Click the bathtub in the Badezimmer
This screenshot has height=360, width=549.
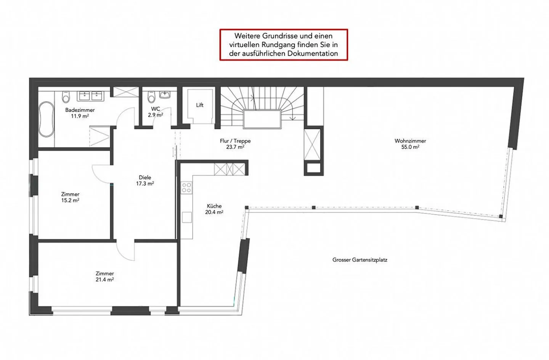(47, 119)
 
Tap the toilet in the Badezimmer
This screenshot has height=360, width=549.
(66, 97)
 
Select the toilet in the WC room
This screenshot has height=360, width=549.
(151, 97)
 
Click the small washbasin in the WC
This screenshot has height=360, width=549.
(165, 95)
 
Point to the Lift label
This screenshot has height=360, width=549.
(200, 105)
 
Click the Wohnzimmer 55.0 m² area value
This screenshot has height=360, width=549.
(410, 147)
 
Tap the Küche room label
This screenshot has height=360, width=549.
(214, 206)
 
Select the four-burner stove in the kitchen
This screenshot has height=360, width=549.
(186, 188)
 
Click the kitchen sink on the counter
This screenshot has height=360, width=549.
(187, 217)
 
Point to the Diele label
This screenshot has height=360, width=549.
(145, 178)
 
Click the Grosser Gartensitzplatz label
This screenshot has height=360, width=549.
(360, 260)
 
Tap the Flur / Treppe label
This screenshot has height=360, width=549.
(235, 141)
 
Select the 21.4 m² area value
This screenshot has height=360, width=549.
(104, 280)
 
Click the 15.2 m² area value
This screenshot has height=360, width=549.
(70, 200)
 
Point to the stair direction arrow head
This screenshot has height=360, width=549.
(292, 119)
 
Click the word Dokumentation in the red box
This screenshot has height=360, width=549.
(313, 53)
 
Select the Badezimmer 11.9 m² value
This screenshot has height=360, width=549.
(80, 116)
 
